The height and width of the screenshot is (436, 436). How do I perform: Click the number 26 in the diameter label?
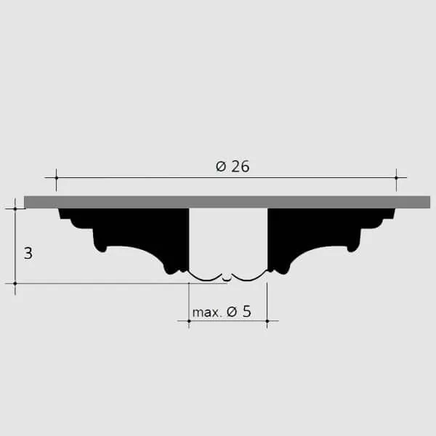click(x=241, y=166)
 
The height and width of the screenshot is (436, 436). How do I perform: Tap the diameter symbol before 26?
click(x=221, y=167)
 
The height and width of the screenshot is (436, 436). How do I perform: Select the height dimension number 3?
click(x=28, y=254)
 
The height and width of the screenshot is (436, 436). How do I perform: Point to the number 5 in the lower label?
click(x=246, y=312)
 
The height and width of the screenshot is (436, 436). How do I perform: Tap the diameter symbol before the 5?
click(x=232, y=312)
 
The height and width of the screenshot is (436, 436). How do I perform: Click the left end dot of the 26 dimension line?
click(x=57, y=177)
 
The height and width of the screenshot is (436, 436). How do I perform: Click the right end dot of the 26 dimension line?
click(x=397, y=177)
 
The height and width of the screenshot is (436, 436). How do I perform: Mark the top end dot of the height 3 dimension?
click(x=15, y=209)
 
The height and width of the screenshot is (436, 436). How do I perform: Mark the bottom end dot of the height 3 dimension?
click(x=15, y=283)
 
